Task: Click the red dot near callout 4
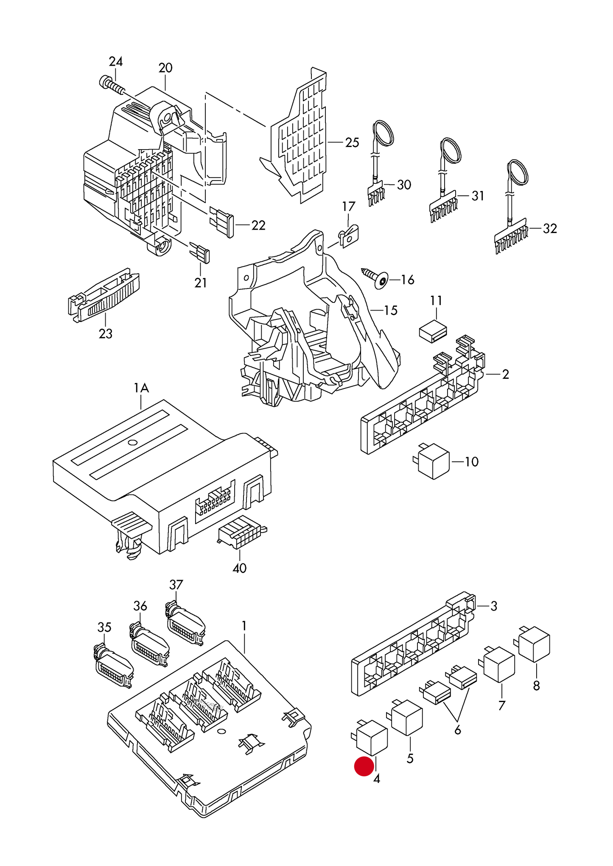point(364,766)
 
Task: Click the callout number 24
point(115,62)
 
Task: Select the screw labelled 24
point(111,85)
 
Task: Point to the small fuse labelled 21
point(200,253)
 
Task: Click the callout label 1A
point(141,388)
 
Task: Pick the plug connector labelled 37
point(185,625)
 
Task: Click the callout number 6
point(457,730)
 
